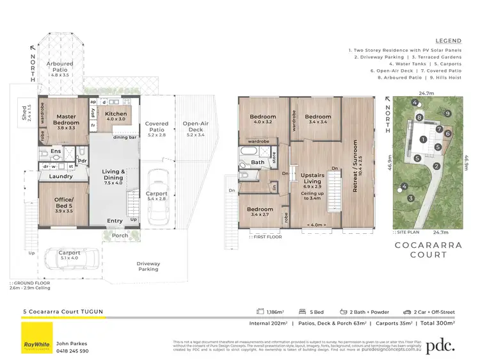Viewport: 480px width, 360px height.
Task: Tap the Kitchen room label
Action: coord(116,114)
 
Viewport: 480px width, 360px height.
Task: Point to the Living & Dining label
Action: coord(114,175)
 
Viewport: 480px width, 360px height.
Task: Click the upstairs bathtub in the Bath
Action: coord(248,152)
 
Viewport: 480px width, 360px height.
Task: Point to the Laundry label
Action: coord(61,176)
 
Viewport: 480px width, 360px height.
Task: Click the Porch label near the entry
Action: coord(119,234)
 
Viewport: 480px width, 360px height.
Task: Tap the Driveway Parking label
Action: coord(148,266)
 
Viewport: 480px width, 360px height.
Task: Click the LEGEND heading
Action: coord(447,39)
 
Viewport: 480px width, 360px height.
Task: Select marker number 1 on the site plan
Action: coord(422,139)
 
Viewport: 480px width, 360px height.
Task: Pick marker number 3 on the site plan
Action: coord(410,199)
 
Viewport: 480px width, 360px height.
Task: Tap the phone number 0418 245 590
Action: coord(72,351)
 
